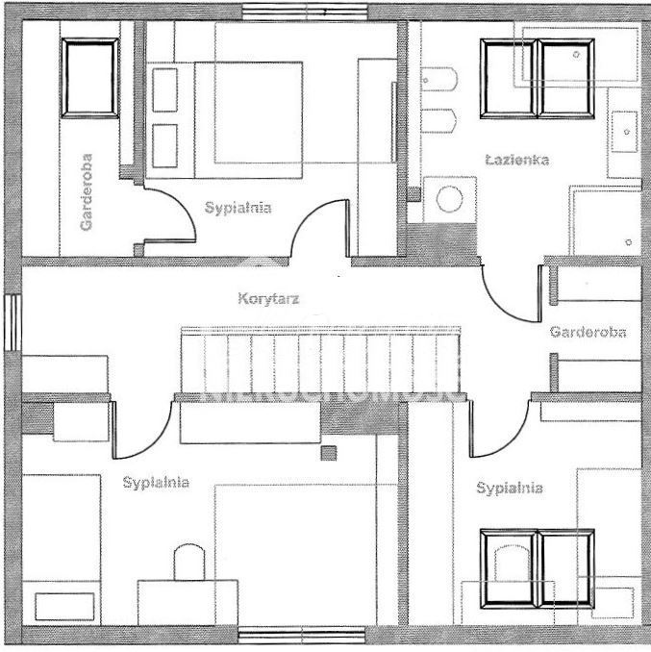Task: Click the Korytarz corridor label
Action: (x=268, y=299)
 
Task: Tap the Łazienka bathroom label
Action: (x=516, y=160)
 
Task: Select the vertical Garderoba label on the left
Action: (x=87, y=192)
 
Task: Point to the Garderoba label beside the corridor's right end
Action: (x=588, y=332)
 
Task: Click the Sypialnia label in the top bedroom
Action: (x=238, y=206)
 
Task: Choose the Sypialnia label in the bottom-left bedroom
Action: (x=156, y=483)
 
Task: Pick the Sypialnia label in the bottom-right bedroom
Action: (x=510, y=489)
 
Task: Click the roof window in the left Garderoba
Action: (x=89, y=78)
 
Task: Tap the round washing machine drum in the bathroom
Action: (x=449, y=199)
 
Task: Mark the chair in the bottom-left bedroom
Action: (x=188, y=563)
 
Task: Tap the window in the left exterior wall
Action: (x=13, y=322)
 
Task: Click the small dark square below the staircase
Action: (x=330, y=453)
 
